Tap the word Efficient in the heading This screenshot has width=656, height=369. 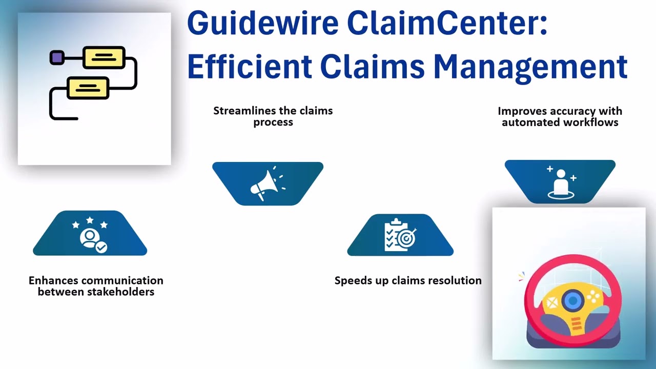point(249,67)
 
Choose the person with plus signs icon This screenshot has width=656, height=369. point(560,182)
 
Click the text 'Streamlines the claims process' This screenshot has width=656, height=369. point(273,116)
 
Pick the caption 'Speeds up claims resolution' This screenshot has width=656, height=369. point(408,281)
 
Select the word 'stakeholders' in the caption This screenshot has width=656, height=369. point(96,292)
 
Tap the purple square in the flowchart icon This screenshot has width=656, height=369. point(57,57)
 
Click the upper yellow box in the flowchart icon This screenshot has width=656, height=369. point(104,57)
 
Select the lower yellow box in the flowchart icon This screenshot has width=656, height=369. point(88,88)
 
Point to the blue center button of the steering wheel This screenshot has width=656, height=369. point(572,300)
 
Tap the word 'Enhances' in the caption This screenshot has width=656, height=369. point(53,281)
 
